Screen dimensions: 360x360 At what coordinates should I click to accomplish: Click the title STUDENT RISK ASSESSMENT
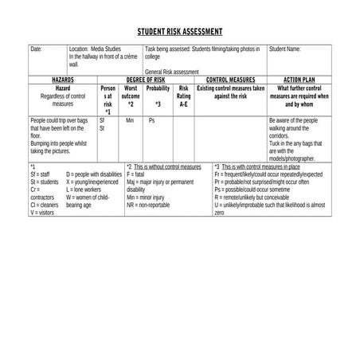click(x=180, y=33)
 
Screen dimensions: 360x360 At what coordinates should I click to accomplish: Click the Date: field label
click(x=36, y=49)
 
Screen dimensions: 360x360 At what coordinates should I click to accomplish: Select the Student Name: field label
click(x=284, y=49)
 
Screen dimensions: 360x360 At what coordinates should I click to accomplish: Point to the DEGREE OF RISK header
click(x=145, y=80)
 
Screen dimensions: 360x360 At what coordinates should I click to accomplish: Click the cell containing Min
click(x=130, y=120)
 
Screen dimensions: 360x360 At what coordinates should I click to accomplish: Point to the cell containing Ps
click(x=152, y=120)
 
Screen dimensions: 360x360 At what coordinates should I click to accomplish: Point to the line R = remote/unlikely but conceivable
click(x=263, y=197)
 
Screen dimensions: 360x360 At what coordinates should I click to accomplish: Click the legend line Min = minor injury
click(x=147, y=197)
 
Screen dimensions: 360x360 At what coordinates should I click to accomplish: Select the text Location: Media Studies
click(x=93, y=49)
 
